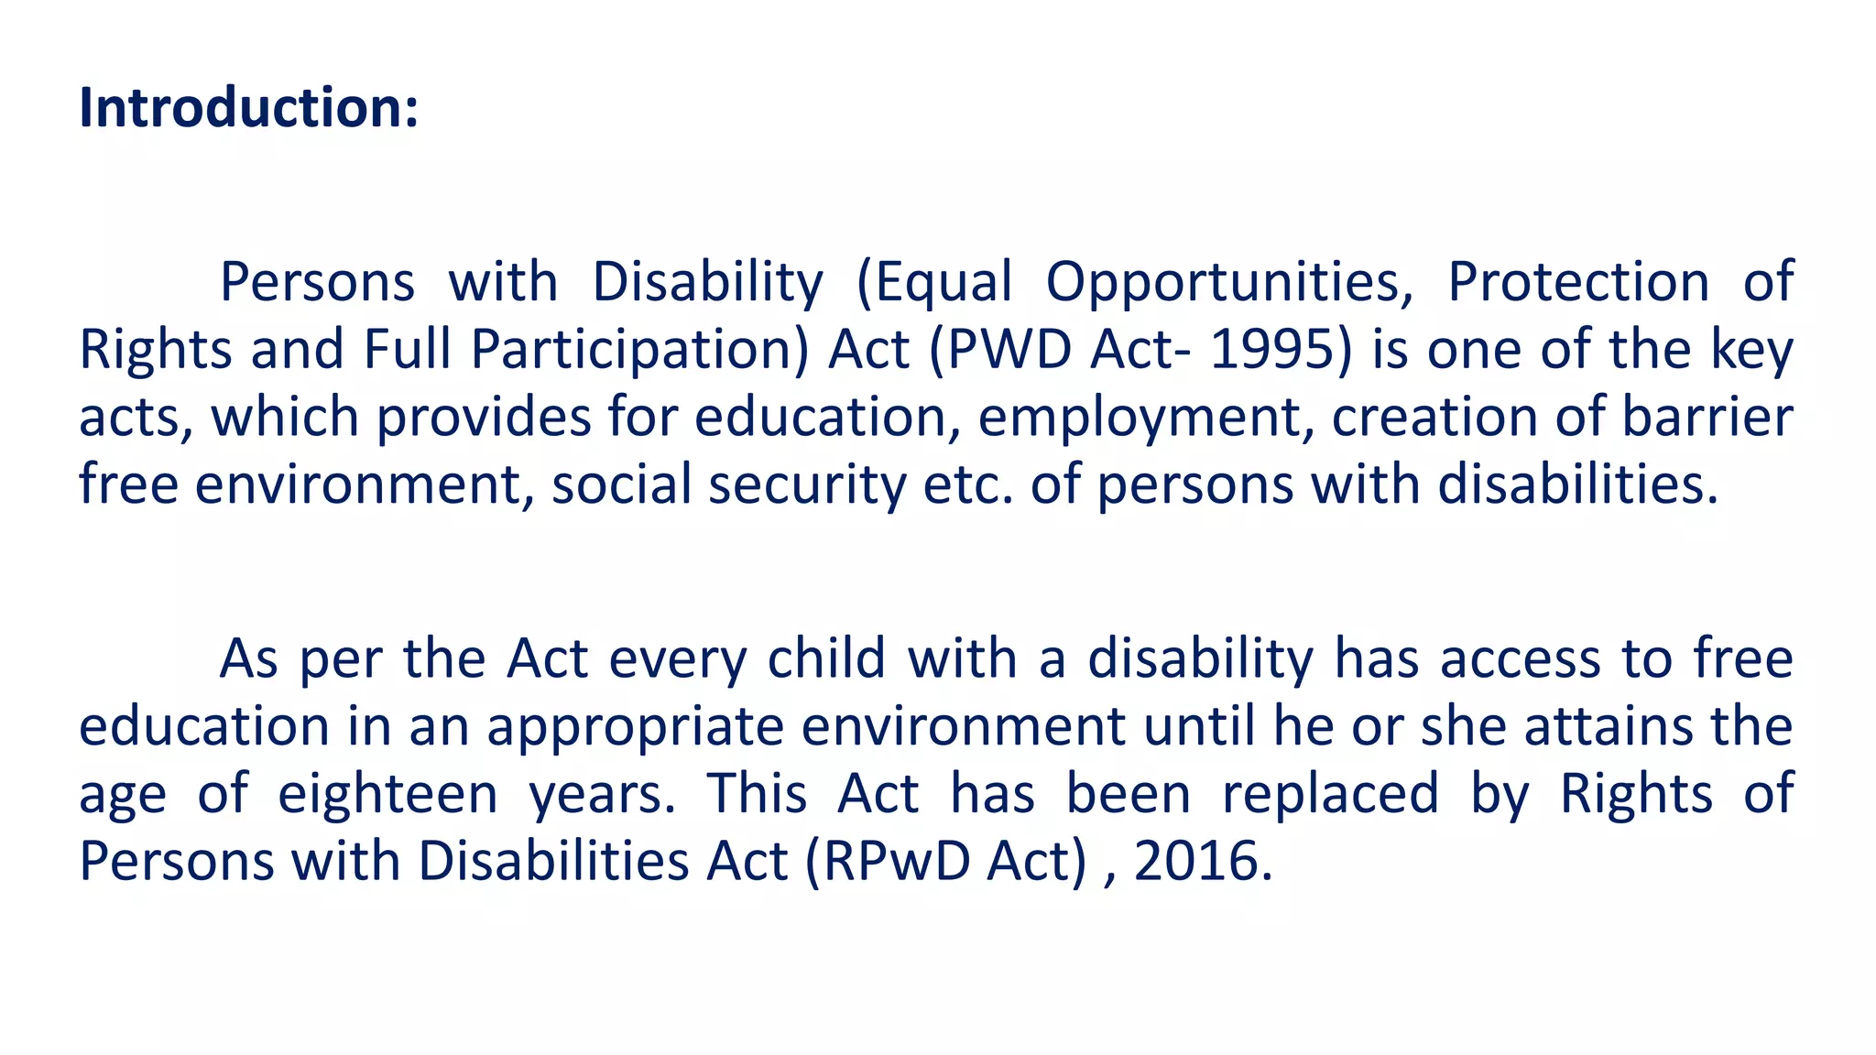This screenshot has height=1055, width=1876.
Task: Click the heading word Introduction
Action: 248,108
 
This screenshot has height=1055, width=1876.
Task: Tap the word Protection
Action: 1577,282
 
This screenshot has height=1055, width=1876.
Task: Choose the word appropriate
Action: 635,727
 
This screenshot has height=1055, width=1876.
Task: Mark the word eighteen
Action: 387,795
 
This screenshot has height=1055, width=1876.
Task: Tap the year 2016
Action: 1203,863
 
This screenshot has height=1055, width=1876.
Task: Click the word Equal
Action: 943,282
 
